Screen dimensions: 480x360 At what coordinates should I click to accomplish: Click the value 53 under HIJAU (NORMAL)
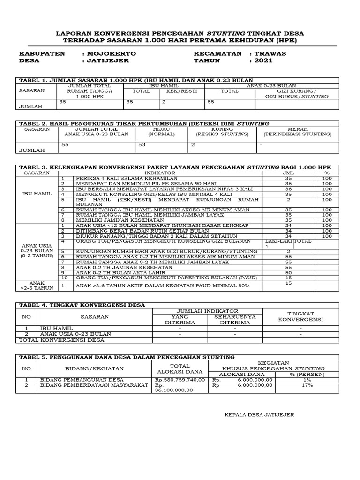pyautogui.click(x=142, y=145)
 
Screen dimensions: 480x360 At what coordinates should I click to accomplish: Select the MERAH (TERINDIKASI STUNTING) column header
pyautogui.click(x=297, y=131)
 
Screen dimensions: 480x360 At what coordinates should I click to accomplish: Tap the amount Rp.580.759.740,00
pyautogui.click(x=180, y=380)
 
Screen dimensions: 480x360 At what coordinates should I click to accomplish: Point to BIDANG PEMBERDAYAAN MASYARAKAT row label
pyautogui.click(x=87, y=385)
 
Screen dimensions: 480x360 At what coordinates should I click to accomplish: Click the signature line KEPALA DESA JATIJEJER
pyautogui.click(x=259, y=415)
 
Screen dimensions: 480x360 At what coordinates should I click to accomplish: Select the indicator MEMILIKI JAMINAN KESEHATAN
pyautogui.click(x=120, y=220)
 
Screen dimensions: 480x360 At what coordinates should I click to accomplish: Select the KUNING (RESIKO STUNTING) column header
pyautogui.click(x=222, y=131)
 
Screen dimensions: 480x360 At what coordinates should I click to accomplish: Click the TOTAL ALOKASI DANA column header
pyautogui.click(x=180, y=368)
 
